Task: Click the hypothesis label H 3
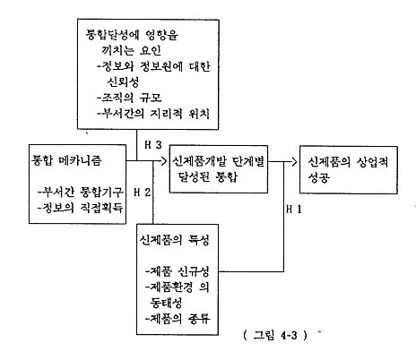point(153,144)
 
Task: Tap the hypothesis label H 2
point(143,192)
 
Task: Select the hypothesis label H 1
point(294,209)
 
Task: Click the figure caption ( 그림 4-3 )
point(275,335)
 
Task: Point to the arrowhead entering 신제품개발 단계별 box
point(163,161)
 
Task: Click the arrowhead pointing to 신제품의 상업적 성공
point(294,162)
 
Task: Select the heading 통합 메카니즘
point(66,160)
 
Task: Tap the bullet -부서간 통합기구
point(81,192)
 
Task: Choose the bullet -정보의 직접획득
point(81,208)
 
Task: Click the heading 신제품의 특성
point(174,240)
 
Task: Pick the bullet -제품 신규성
point(178,271)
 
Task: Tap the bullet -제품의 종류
point(178,319)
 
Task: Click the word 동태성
point(166,303)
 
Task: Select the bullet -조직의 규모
point(129,98)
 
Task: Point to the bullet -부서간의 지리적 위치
point(153,114)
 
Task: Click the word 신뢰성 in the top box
point(123,81)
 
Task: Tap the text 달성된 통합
point(208,177)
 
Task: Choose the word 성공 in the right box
point(319,177)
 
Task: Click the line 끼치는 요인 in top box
point(132,50)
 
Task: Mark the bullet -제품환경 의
point(178,287)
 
